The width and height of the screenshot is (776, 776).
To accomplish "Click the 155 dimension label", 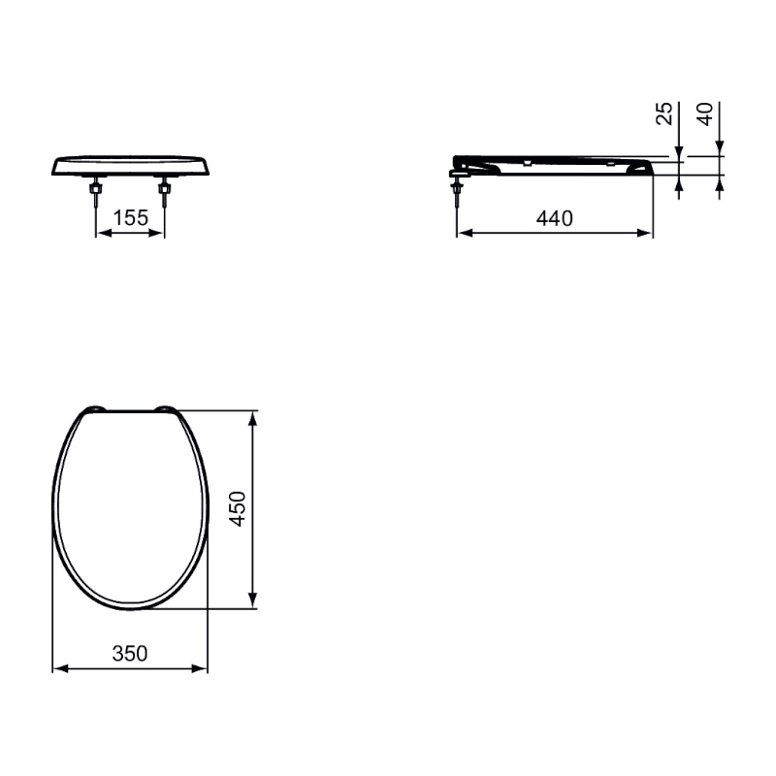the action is [x=131, y=217].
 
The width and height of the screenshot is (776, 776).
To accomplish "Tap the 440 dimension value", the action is [x=554, y=218].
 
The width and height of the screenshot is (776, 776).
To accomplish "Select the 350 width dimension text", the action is [x=130, y=653].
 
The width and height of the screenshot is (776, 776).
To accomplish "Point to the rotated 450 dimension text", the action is [x=238, y=508].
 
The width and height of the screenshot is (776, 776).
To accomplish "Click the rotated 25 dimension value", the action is [x=664, y=113].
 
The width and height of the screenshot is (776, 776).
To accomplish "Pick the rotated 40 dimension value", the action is [x=705, y=113].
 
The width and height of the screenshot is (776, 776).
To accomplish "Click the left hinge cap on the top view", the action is [x=94, y=408].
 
